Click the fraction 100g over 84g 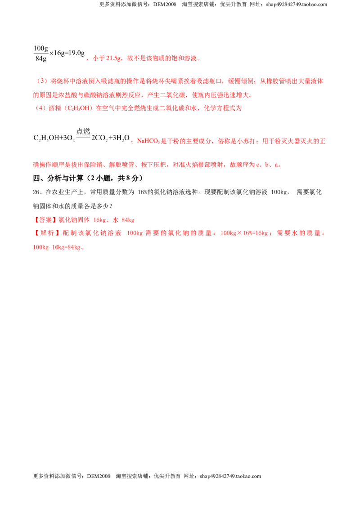click(40, 53)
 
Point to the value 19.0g click(76, 53)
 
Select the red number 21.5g click(113, 58)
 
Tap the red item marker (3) click(42, 81)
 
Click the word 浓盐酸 click(68, 95)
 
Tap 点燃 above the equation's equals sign click(83, 131)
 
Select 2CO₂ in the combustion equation click(99, 138)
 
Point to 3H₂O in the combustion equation click(121, 138)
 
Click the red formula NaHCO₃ click(148, 141)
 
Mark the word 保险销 click(93, 165)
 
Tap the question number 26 click(36, 192)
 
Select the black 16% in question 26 click(143, 192)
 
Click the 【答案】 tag click(45, 220)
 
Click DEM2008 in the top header click(164, 4)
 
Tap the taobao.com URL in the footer click(230, 476)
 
